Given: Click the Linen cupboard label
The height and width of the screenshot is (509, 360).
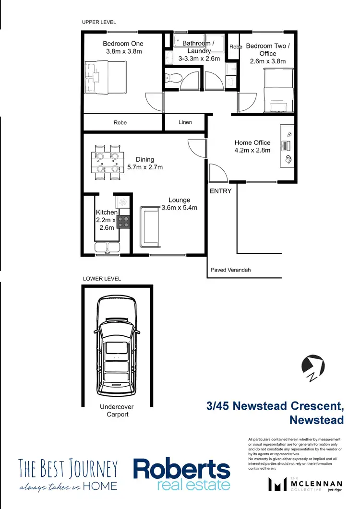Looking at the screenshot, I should [185, 122].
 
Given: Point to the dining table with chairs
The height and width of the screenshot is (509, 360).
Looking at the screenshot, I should [108, 163].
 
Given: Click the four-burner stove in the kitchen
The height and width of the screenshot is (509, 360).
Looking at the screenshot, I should [123, 222].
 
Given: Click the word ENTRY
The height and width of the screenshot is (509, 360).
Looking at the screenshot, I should [220, 191].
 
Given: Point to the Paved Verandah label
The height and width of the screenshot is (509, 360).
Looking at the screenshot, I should [230, 270].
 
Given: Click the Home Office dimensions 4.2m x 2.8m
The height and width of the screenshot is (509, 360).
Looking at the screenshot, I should [252, 150].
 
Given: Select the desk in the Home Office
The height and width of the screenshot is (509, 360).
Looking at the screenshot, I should [287, 146].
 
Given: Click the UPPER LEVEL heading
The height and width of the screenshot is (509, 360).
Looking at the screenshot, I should [99, 22].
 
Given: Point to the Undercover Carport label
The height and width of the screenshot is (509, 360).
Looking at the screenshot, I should [117, 410].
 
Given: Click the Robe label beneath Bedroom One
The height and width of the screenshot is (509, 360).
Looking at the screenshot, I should [120, 123].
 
